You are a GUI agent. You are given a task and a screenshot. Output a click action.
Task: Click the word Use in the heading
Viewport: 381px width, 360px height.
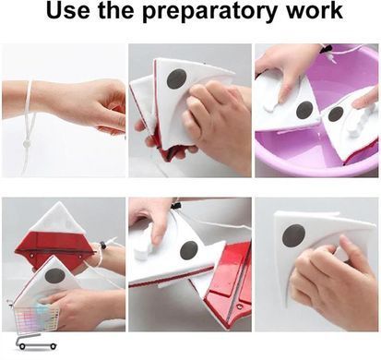(x=68, y=10)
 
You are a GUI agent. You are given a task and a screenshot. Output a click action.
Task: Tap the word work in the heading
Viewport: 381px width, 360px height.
(x=314, y=10)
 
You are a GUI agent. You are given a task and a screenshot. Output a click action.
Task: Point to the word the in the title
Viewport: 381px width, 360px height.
(x=116, y=10)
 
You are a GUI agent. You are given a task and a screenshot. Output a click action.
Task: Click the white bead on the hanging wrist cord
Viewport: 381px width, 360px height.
(x=27, y=143)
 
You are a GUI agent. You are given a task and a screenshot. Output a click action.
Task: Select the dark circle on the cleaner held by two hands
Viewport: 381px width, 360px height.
(x=177, y=78)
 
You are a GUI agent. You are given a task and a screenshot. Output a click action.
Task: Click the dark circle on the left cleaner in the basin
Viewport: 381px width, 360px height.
(x=305, y=110)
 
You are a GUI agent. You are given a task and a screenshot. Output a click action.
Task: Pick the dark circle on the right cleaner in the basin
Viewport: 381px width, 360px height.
(x=336, y=114)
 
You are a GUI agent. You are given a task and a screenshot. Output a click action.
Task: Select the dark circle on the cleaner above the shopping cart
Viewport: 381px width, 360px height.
(x=55, y=276)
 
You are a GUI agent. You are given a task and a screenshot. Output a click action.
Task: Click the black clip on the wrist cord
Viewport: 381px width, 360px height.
(x=103, y=246)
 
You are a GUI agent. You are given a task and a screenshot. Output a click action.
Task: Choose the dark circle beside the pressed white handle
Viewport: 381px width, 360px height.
(x=188, y=250)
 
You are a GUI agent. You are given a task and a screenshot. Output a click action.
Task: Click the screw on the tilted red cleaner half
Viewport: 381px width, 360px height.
(x=238, y=306)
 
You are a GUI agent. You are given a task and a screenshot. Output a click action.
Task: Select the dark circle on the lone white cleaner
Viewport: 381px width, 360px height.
(x=293, y=235)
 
